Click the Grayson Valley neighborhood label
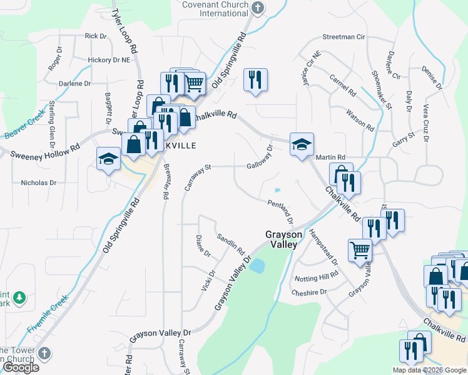281,239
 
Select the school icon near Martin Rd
302,145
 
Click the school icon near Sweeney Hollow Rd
108,159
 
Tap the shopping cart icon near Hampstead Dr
360,250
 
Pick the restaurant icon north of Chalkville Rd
255,80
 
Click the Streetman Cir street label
343,37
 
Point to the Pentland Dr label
281,211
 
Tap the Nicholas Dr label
39,183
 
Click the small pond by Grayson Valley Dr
257,266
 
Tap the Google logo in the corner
20,368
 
